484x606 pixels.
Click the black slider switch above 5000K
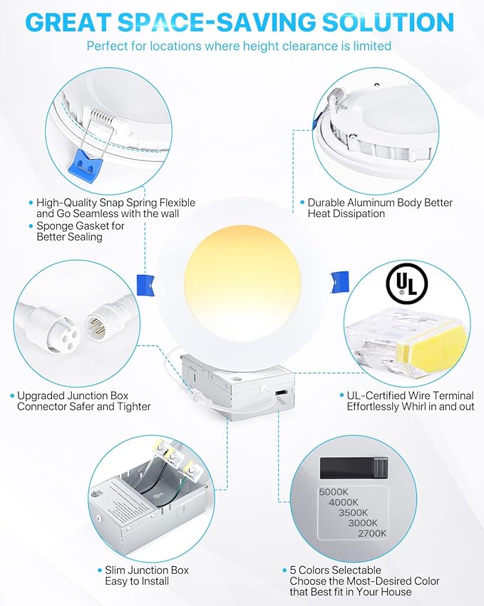352,467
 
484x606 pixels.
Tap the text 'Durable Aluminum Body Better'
380,203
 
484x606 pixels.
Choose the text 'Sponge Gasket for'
80,226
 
